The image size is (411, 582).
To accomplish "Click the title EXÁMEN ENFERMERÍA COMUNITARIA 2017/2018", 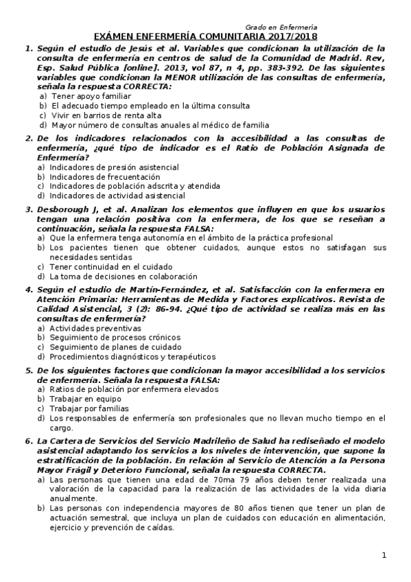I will tap(205, 36).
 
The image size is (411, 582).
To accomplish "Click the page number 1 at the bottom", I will tap(384, 555).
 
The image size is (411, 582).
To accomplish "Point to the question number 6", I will tap(28, 441).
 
